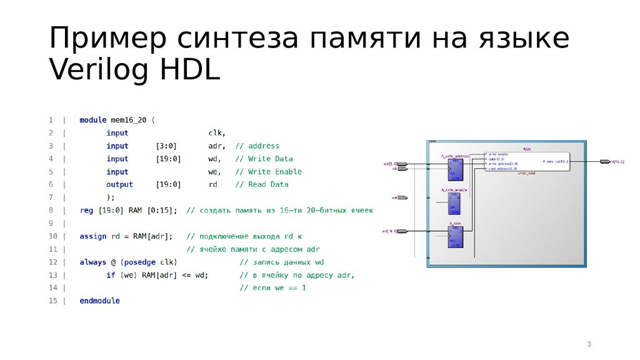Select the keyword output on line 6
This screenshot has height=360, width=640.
[x=119, y=184]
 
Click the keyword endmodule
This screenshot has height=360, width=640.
[x=99, y=301]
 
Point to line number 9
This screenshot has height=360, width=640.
[x=51, y=223]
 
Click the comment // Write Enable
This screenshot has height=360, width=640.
[x=268, y=172]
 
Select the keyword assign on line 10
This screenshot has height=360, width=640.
[x=92, y=236]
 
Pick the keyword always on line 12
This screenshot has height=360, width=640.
[x=92, y=262]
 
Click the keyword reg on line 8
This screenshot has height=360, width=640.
[x=86, y=211]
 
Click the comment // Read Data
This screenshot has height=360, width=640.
[x=262, y=184]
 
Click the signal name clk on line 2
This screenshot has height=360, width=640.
[x=216, y=133]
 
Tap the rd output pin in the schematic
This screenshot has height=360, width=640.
[x=604, y=161]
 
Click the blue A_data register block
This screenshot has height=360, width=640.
[x=454, y=236]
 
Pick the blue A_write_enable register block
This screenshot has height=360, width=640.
[x=454, y=203]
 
